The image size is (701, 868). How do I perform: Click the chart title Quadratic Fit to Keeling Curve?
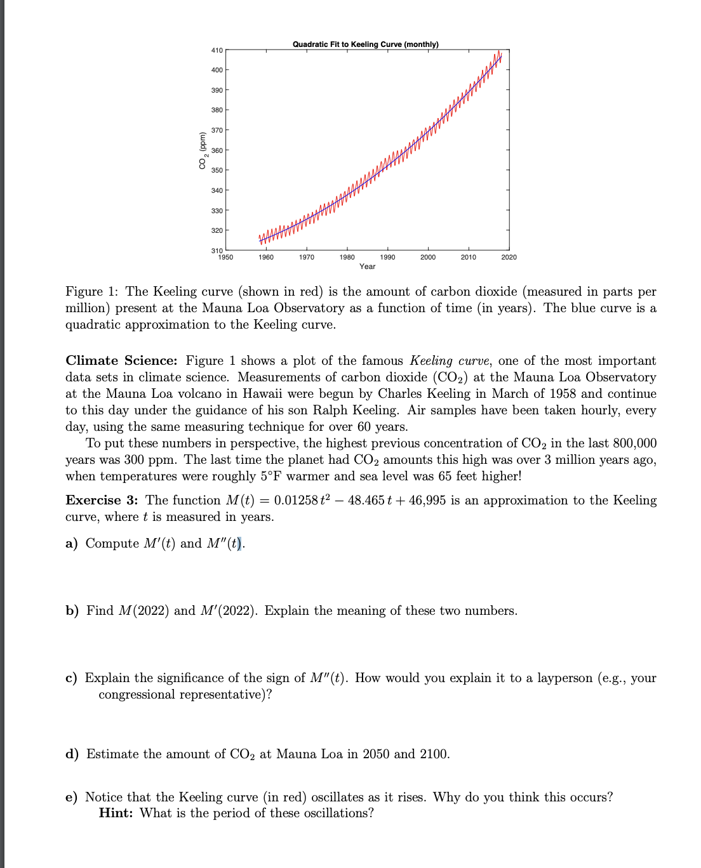[x=365, y=44]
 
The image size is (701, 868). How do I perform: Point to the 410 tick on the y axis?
[x=217, y=49]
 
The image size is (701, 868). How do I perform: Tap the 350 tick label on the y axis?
[x=217, y=170]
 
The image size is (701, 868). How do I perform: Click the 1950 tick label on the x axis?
[x=225, y=257]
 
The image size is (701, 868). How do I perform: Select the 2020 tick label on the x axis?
[x=509, y=257]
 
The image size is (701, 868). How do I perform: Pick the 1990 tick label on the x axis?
[x=387, y=257]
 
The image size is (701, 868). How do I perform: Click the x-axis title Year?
[x=367, y=266]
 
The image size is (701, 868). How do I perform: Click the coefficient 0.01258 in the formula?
[x=295, y=501]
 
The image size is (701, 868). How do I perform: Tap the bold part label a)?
[x=72, y=544]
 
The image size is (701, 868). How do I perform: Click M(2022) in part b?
[x=144, y=611]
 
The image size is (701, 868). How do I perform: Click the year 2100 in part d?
[x=434, y=754]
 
